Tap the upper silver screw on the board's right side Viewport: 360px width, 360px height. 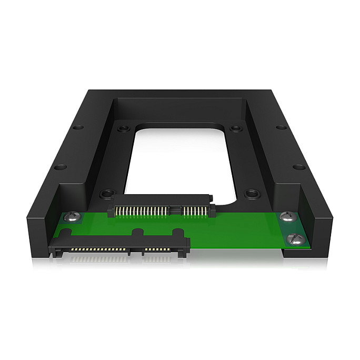[286, 216]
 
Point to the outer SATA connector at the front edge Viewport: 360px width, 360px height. [119, 244]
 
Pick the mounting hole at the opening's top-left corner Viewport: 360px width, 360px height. [123, 128]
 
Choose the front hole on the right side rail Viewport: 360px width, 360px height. [299, 167]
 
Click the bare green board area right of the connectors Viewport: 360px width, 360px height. [237, 232]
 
